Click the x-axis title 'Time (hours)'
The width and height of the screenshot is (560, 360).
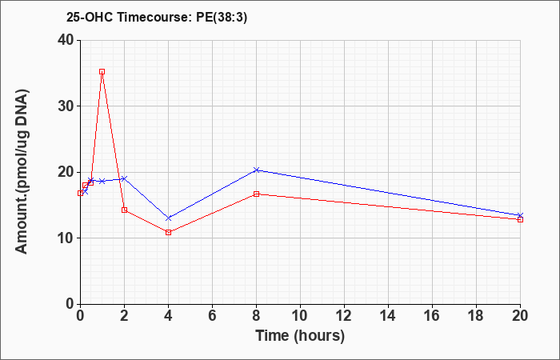click(300, 335)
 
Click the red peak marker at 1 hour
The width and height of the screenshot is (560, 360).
click(102, 71)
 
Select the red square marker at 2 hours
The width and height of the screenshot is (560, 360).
click(124, 210)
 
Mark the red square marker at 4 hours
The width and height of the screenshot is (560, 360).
click(168, 232)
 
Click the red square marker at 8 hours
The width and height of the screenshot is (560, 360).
click(256, 194)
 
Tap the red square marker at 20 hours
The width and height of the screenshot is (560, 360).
click(520, 219)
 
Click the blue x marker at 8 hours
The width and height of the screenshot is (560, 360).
click(256, 170)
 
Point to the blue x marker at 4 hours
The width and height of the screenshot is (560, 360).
click(168, 218)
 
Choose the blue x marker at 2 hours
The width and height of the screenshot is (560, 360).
click(124, 178)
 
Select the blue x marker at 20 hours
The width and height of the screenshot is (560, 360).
click(520, 215)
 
